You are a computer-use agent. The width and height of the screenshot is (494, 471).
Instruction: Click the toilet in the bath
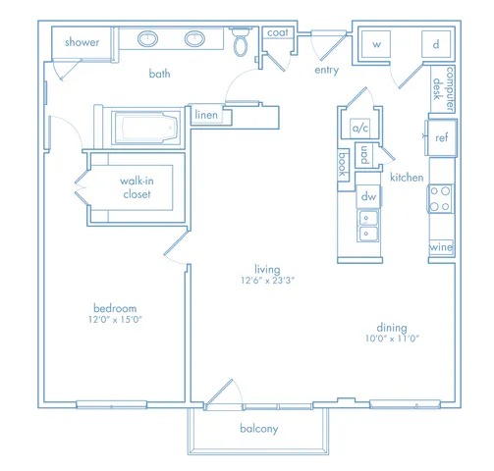tap(242, 42)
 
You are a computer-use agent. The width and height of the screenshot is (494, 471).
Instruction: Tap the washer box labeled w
tap(376, 44)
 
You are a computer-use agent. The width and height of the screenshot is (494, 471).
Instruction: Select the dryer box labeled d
tap(436, 44)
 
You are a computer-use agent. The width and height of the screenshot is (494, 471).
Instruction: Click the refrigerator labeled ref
tap(441, 137)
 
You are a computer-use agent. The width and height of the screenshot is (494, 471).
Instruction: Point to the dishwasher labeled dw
tap(368, 196)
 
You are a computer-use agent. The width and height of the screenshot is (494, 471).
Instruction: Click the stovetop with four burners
tap(441, 198)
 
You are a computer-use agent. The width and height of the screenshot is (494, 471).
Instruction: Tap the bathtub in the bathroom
tap(146, 128)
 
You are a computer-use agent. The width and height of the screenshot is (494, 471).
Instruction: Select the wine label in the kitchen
tap(441, 246)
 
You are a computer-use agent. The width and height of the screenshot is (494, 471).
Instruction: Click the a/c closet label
tap(360, 128)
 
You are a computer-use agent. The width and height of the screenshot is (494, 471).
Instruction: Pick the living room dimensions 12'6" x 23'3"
tap(268, 281)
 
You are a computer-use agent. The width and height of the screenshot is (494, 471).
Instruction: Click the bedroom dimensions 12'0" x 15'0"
tap(115, 320)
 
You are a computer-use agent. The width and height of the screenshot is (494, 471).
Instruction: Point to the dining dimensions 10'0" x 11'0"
tap(392, 339)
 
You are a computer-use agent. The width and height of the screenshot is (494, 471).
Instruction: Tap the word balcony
tap(259, 429)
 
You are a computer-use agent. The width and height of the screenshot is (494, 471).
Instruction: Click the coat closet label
tap(278, 32)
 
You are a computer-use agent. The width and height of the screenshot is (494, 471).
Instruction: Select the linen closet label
tap(206, 115)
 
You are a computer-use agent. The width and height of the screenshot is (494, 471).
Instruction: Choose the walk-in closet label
tap(137, 187)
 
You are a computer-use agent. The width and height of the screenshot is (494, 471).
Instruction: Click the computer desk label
tap(444, 89)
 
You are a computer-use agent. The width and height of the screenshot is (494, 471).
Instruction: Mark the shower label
tap(82, 42)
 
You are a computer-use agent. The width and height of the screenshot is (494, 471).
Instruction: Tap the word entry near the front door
tap(326, 70)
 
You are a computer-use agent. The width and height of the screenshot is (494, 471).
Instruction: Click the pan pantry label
tap(364, 155)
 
